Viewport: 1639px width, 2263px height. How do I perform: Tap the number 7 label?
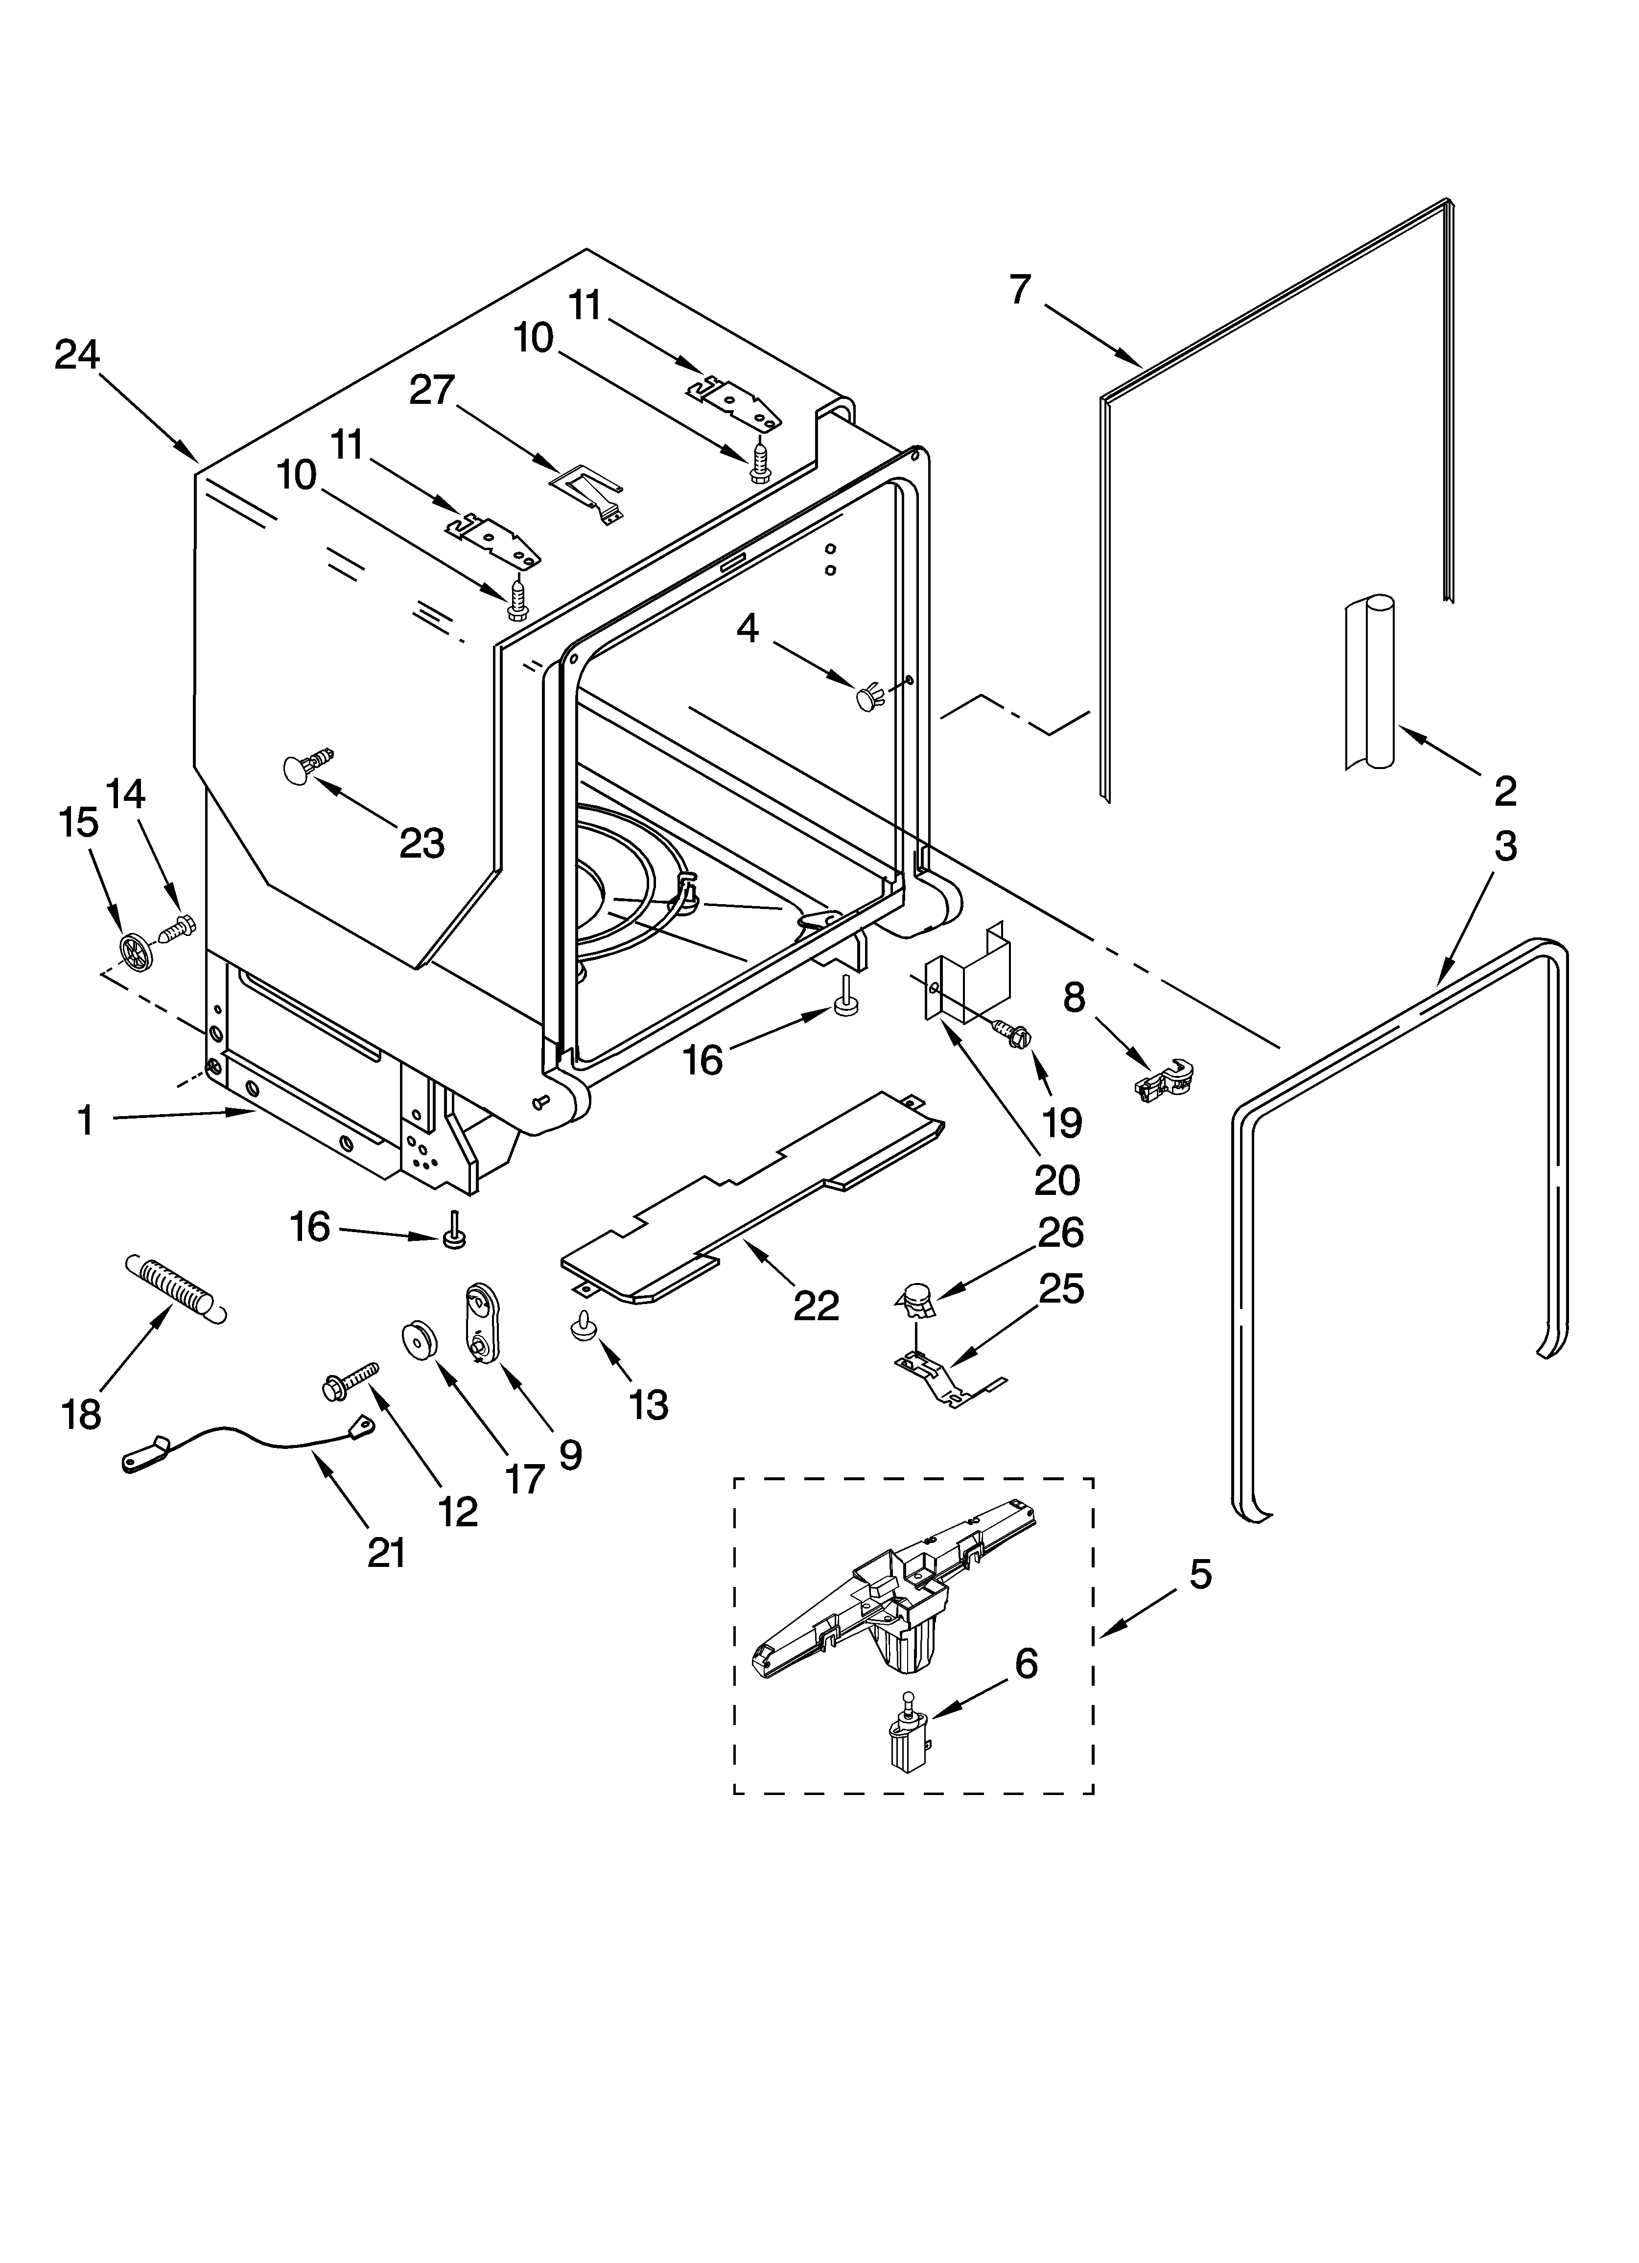1019,289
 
